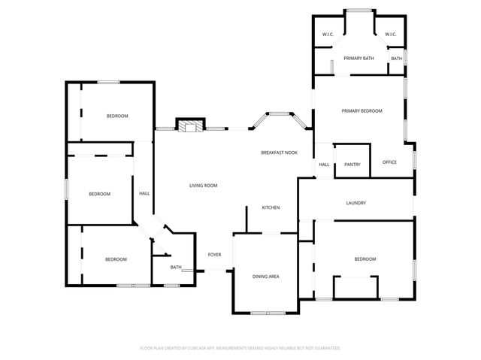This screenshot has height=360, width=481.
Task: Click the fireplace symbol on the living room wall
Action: (x=189, y=125)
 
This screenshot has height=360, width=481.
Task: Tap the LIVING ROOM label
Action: (x=203, y=185)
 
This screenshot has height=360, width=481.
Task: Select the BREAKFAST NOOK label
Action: (x=279, y=153)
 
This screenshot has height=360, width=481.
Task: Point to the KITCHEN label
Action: (x=271, y=207)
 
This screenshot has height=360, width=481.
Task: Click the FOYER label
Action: (x=214, y=255)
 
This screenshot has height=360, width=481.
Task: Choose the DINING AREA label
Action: (x=265, y=277)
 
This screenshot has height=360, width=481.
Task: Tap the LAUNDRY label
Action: (x=355, y=203)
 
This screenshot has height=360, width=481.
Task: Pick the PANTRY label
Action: (x=352, y=165)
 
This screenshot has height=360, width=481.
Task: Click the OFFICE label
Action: (x=389, y=162)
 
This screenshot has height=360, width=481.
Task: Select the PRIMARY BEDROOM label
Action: (x=362, y=111)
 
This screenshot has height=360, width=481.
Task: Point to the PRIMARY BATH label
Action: (x=358, y=58)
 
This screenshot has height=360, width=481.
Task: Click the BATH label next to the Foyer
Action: (x=176, y=267)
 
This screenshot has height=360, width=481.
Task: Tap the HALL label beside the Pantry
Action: (x=324, y=165)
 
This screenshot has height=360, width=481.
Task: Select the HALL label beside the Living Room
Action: (x=144, y=193)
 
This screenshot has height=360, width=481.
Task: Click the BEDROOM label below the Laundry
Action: (x=365, y=259)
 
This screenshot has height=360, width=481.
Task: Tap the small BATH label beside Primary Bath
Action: (x=396, y=59)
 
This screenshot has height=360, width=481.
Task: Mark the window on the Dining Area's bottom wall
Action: (x=265, y=313)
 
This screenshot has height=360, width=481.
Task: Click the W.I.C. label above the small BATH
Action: (x=390, y=35)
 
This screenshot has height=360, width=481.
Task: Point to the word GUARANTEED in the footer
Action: (x=325, y=348)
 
